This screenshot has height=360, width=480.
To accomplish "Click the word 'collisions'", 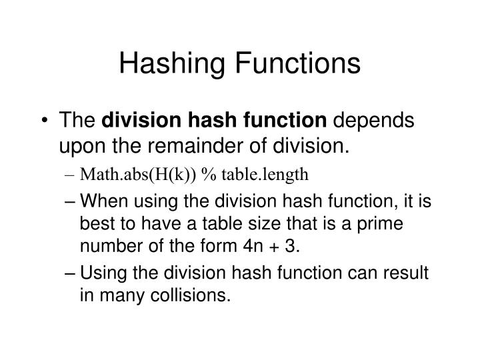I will pyautogui.click(x=189, y=293).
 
